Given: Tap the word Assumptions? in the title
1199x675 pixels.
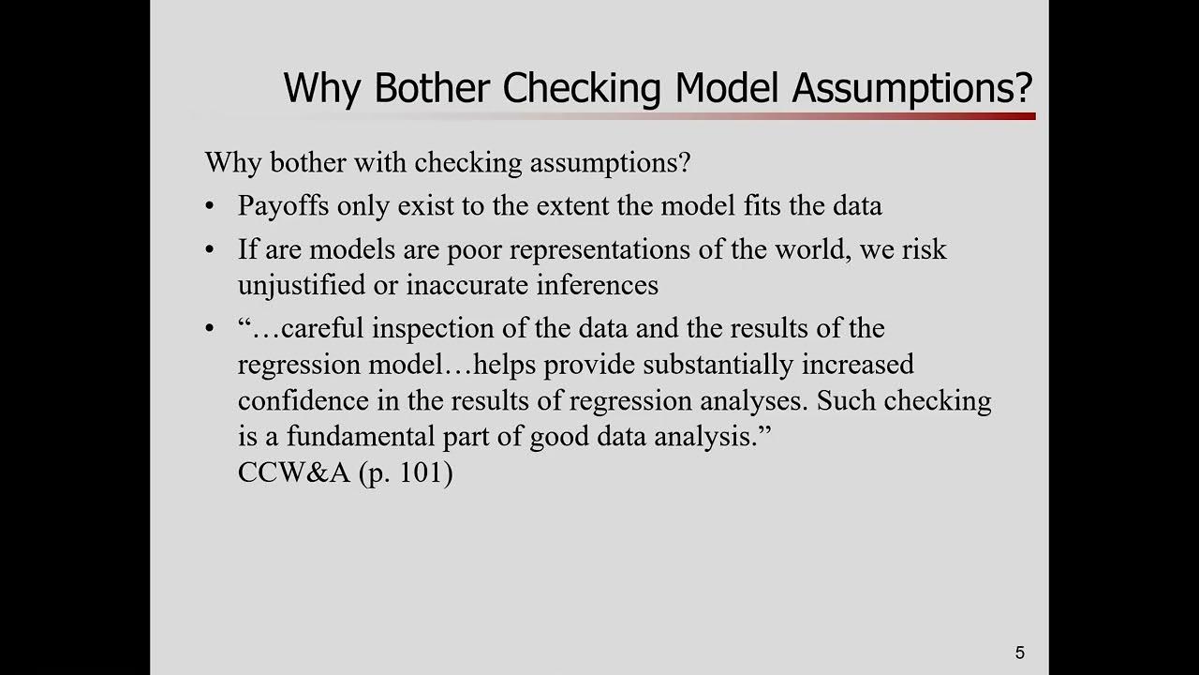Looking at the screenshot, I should (912, 88).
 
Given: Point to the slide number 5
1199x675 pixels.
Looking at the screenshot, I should (1020, 652).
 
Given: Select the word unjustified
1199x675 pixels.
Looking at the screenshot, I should (303, 285).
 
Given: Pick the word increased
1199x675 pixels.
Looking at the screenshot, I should (857, 364).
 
